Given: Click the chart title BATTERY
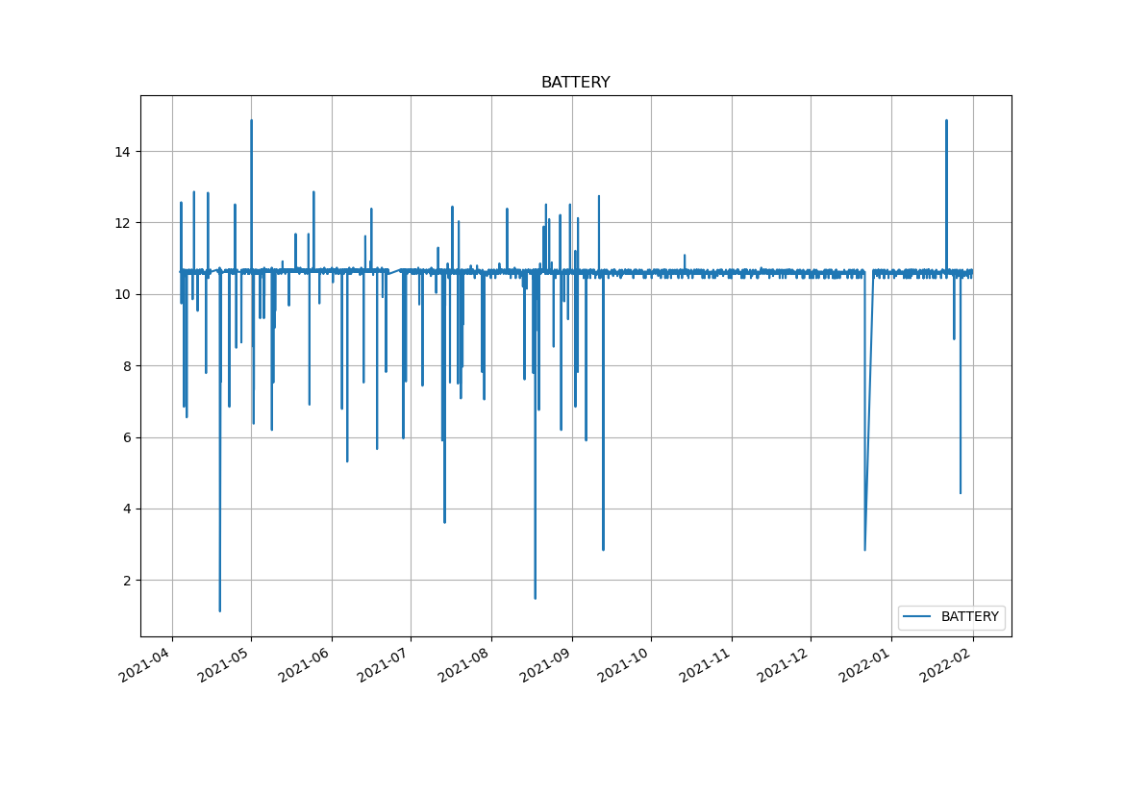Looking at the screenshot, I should (x=575, y=83).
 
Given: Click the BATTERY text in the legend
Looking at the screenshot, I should (x=969, y=616).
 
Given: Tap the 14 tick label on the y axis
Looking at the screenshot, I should (x=123, y=151).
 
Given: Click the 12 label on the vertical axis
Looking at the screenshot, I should (x=123, y=223).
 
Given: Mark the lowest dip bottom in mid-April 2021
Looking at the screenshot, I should (x=219, y=610).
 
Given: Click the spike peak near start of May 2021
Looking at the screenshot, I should (x=251, y=120).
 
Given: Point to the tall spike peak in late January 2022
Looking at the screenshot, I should (x=946, y=120).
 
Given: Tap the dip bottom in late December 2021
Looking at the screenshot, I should (x=864, y=550).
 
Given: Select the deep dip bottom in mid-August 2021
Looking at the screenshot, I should (x=535, y=598).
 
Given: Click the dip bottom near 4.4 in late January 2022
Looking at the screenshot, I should (x=960, y=493).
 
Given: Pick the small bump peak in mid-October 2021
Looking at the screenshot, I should (x=685, y=255).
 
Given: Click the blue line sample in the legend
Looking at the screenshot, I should (x=918, y=616).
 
